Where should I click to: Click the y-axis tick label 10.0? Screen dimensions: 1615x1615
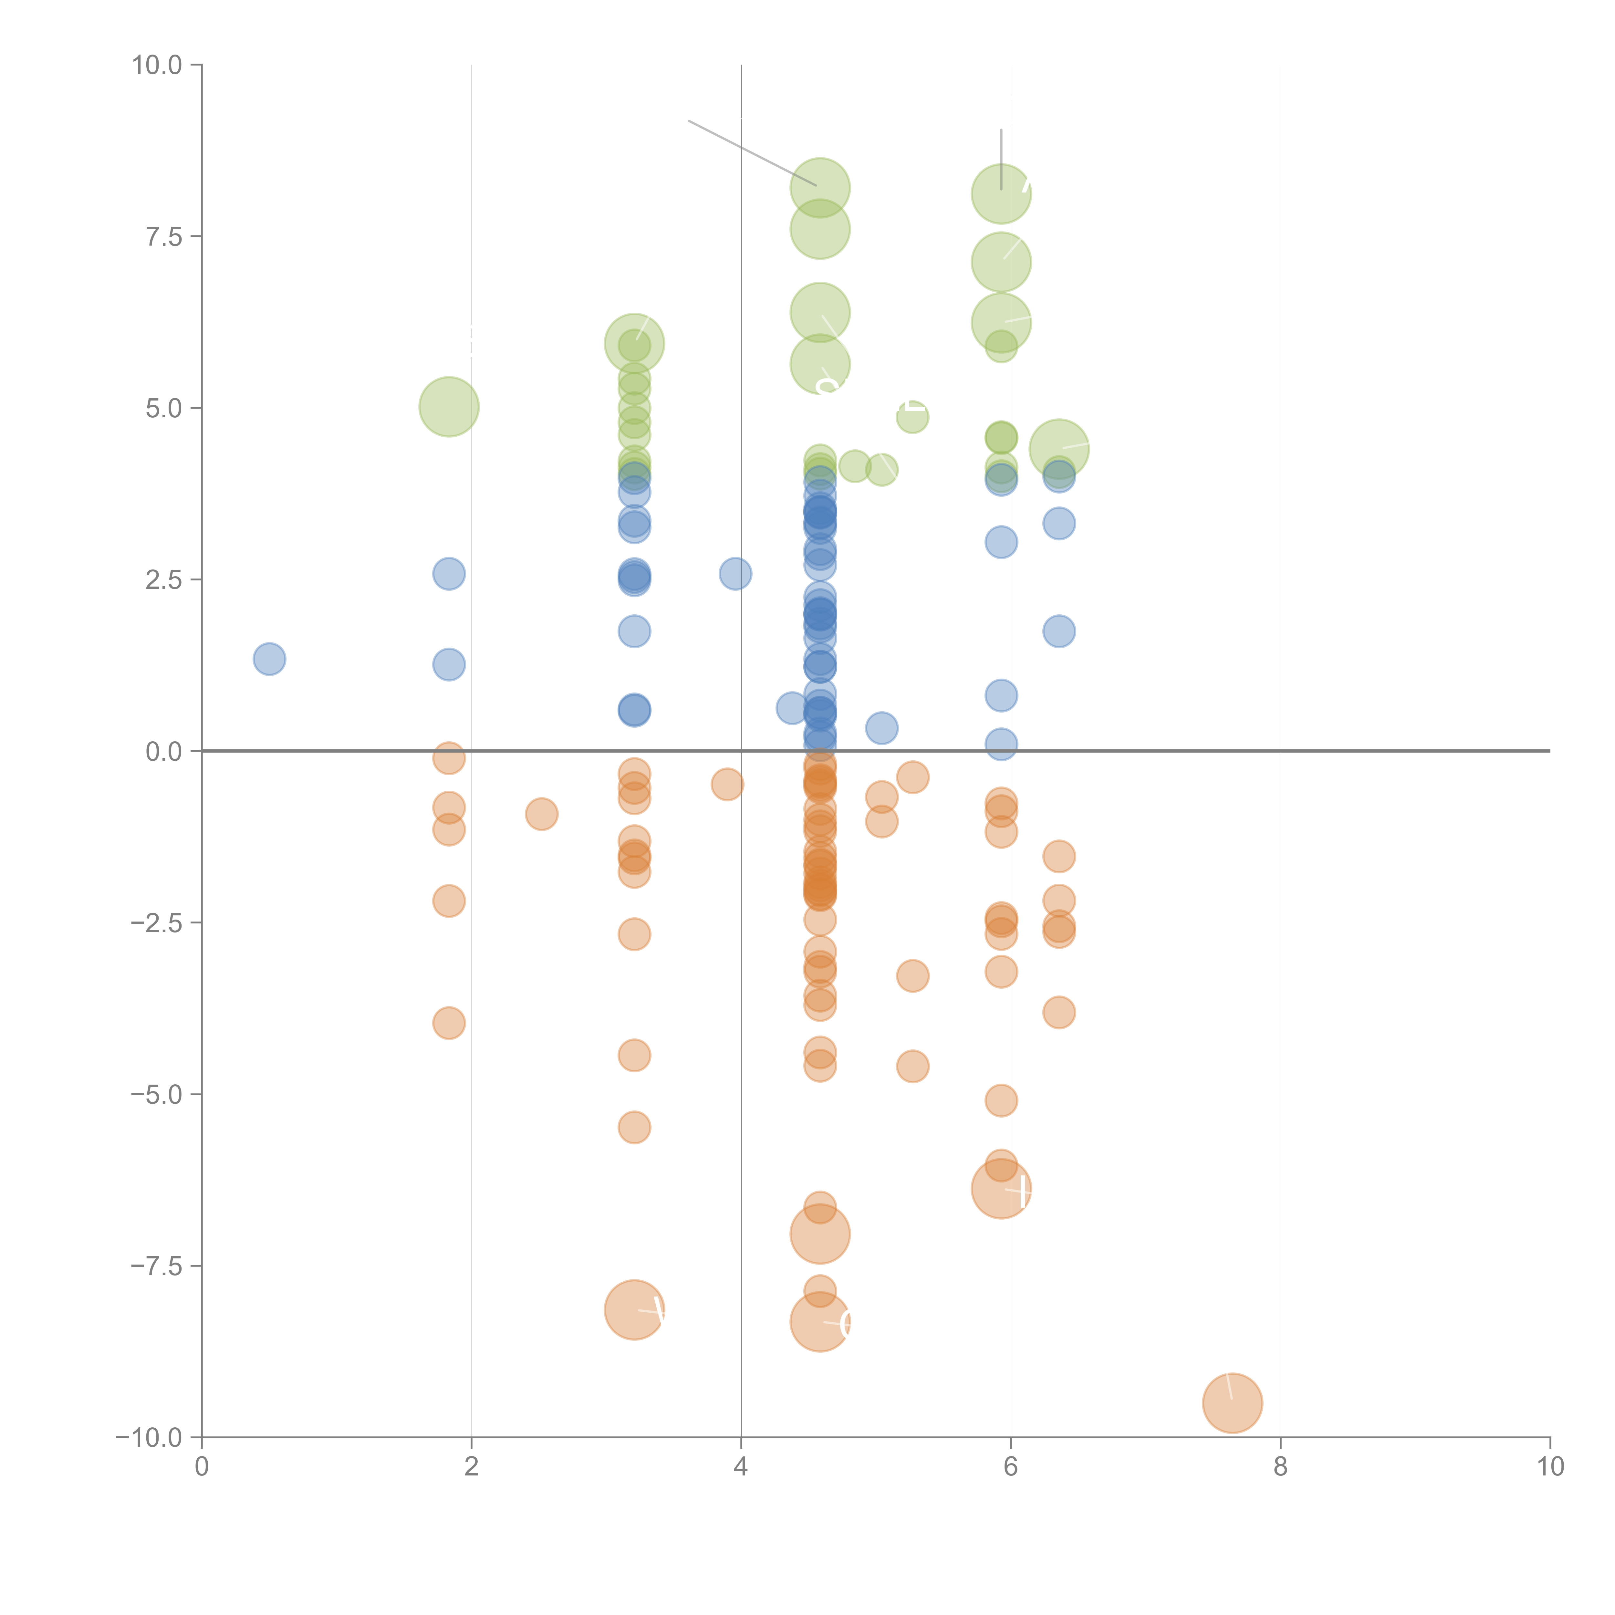tap(157, 65)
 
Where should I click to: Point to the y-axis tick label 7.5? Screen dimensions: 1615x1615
tap(164, 236)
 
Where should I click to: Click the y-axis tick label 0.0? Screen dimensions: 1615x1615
tap(164, 752)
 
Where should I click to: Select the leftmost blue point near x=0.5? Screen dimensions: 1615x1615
tap(269, 659)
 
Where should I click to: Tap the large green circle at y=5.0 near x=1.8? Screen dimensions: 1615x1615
tap(449, 407)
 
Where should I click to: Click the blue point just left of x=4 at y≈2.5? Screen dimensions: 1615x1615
tap(735, 573)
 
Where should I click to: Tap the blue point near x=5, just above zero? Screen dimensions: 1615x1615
tap(881, 728)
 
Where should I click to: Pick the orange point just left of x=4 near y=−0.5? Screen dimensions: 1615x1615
tap(727, 784)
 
